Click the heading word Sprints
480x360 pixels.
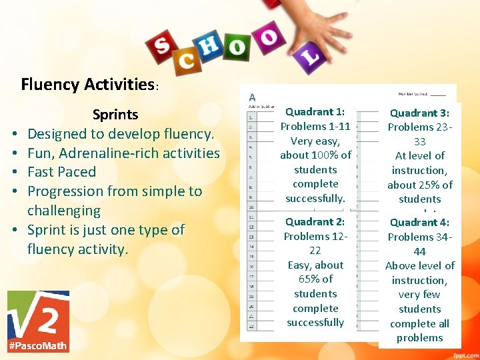115,114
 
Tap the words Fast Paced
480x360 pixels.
61,172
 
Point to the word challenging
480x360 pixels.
64,211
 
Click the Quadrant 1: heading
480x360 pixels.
315,112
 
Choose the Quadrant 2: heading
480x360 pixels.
315,221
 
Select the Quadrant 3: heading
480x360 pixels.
419,113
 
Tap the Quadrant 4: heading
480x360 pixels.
419,222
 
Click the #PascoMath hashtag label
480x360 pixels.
38,345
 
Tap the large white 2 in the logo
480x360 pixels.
47,314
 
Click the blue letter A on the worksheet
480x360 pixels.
253,97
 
